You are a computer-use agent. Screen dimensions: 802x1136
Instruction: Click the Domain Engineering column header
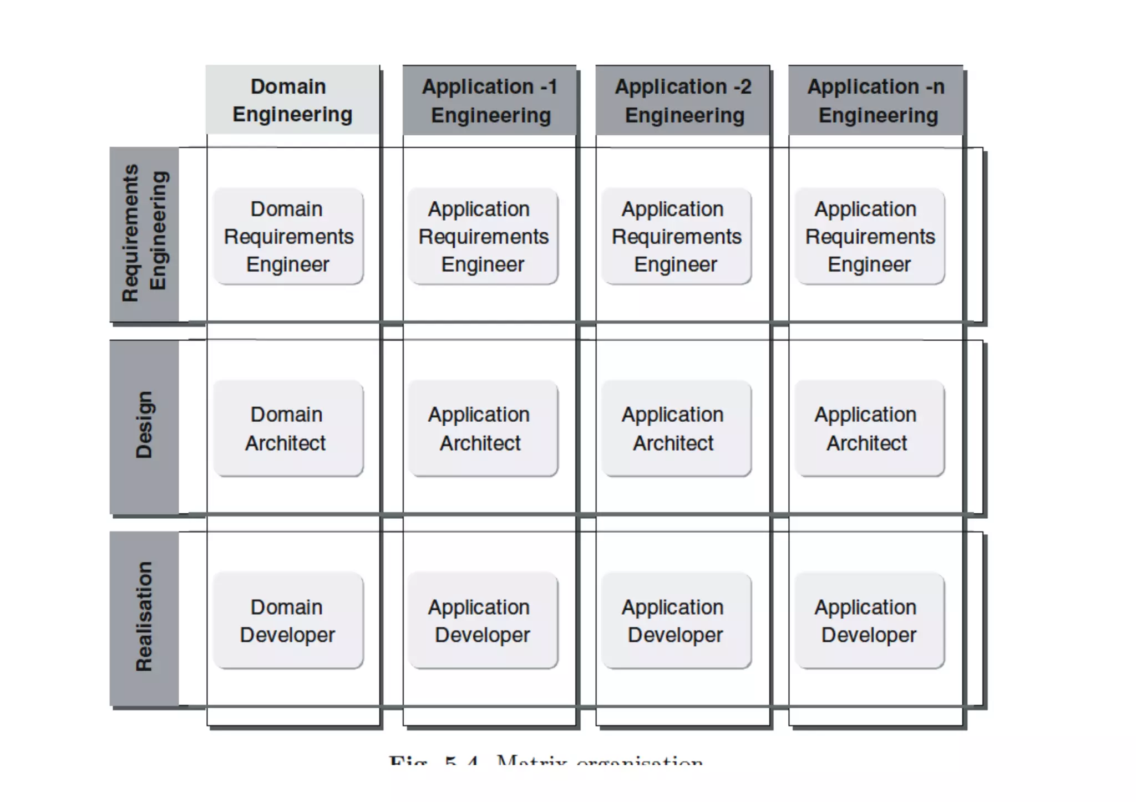(x=292, y=100)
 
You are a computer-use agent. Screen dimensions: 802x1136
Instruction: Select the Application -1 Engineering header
(x=489, y=100)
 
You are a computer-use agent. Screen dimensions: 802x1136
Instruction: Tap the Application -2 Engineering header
(x=683, y=100)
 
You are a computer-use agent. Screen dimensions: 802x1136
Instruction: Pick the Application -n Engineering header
(x=876, y=100)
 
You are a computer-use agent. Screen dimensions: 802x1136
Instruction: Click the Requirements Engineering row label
(x=145, y=234)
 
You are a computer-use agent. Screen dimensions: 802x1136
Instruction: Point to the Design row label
(x=145, y=426)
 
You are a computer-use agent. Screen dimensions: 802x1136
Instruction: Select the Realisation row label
(x=145, y=618)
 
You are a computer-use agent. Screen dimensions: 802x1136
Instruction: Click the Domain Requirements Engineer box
(x=288, y=237)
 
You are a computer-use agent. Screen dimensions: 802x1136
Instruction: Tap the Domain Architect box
(x=288, y=428)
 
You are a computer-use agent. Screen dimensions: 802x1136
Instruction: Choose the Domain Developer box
(x=288, y=621)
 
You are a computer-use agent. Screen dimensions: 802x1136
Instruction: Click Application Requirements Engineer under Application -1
(x=483, y=237)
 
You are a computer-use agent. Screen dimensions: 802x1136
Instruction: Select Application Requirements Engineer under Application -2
(x=676, y=237)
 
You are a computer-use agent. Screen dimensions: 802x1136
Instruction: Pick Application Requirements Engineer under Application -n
(x=870, y=237)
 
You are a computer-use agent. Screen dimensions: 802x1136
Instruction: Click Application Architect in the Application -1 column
(x=483, y=428)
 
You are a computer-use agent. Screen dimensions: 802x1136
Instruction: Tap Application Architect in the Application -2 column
(x=676, y=428)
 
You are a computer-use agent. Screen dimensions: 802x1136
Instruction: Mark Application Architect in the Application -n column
(x=870, y=428)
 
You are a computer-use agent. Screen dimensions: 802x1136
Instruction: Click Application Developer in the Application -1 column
(x=483, y=621)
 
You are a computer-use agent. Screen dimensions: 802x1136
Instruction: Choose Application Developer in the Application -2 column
(x=676, y=621)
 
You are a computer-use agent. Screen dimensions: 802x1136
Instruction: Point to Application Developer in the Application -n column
(x=870, y=621)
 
